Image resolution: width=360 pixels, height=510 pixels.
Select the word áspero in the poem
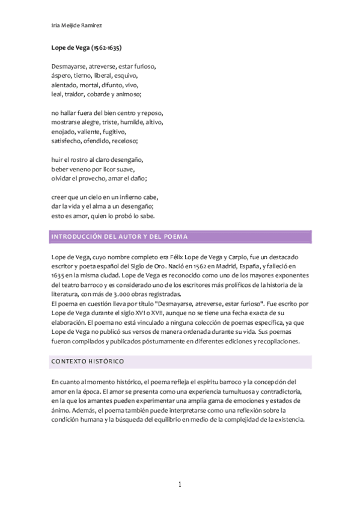pos(61,76)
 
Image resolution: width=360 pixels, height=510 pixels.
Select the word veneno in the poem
pos(81,169)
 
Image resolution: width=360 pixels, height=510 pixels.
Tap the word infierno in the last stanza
pos(121,197)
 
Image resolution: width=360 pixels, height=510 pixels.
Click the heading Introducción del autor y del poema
pos(119,237)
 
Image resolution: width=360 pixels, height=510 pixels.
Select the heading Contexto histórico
pos(87,361)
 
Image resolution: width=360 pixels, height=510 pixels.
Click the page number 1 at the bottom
pos(180,485)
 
